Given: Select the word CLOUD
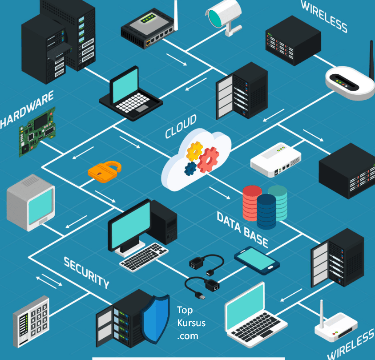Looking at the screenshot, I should (181, 126).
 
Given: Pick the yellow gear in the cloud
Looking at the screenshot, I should (194, 151).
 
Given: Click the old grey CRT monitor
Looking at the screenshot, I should (30, 202).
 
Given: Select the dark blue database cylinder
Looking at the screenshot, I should (266, 211).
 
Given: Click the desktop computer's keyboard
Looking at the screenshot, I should (145, 257).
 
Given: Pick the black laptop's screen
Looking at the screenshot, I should (126, 86).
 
